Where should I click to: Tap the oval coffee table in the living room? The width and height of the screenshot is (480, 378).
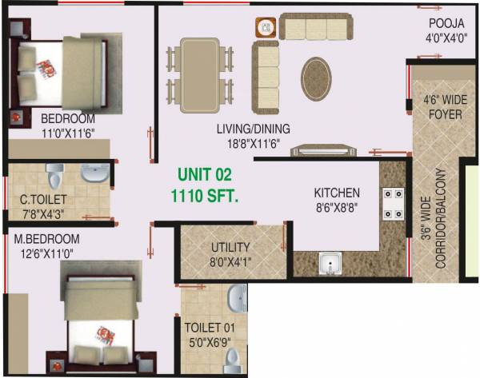[319, 78]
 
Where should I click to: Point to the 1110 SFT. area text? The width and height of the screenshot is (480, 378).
[204, 194]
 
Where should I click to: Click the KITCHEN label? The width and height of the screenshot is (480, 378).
[336, 193]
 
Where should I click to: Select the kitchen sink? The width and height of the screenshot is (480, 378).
[330, 263]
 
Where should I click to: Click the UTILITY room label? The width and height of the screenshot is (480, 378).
[230, 248]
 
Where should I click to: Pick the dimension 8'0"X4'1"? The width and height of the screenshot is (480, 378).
[230, 261]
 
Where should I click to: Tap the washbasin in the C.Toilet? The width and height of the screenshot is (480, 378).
[96, 173]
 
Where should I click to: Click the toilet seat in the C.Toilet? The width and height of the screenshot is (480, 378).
[55, 174]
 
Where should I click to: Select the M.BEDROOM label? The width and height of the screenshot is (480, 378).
[46, 239]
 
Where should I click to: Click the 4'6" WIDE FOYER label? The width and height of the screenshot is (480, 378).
[442, 108]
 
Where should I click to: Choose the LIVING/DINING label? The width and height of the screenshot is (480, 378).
[253, 129]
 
